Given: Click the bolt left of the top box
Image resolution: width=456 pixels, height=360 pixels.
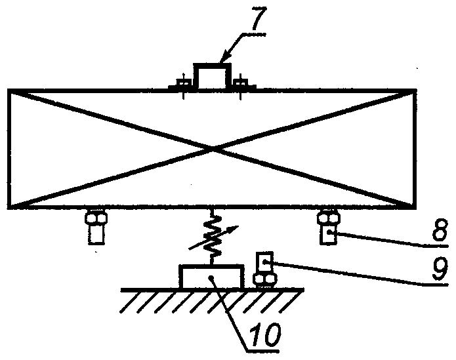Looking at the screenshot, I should [183, 85].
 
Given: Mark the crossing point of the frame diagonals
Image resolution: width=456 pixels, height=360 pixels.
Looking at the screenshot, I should [211, 149].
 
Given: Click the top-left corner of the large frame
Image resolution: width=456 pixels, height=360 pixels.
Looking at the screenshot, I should [9, 90].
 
